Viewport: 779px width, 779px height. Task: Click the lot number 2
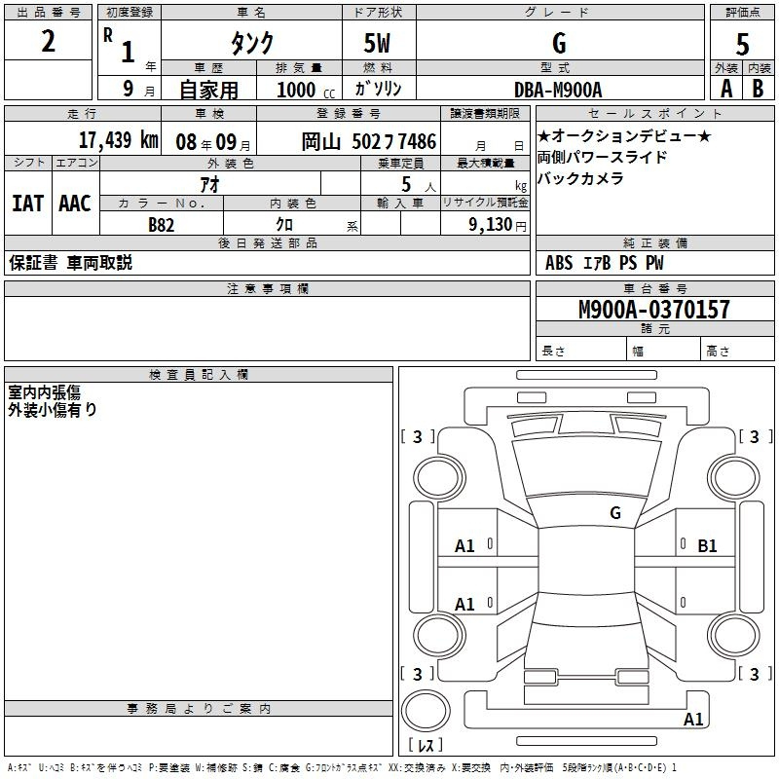48,41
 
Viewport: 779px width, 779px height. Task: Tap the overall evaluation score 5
742,44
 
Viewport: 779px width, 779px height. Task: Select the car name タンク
252,43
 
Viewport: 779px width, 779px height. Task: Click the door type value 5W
377,43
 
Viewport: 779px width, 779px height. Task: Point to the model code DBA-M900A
558,90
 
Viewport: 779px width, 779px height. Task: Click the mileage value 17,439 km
119,139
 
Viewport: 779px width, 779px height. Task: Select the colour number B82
162,225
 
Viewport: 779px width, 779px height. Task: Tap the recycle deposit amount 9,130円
498,225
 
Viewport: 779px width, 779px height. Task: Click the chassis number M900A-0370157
654,309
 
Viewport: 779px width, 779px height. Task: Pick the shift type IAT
27,204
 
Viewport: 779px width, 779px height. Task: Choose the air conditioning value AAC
75,204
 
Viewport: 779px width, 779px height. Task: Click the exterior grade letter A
726,89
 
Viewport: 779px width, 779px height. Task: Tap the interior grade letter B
758,89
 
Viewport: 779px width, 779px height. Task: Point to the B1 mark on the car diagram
707,546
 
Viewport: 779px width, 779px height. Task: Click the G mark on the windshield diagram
615,513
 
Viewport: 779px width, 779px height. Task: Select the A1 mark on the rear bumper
693,719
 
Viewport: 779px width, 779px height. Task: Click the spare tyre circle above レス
426,711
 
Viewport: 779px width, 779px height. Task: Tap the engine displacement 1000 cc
306,90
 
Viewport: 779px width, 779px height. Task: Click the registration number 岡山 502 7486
369,141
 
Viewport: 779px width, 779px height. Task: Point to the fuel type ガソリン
378,89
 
